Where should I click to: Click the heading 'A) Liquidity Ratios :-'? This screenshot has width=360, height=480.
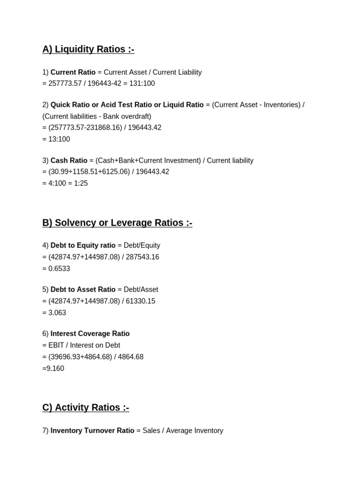coord(88,49)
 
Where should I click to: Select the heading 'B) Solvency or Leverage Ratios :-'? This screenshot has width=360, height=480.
coord(117,223)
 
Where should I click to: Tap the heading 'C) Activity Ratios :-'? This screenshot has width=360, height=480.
coord(86,407)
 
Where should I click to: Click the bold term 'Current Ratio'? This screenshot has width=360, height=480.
coord(73,72)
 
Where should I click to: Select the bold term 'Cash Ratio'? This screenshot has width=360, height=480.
coord(69,160)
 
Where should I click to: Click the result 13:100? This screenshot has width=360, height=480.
coord(59,139)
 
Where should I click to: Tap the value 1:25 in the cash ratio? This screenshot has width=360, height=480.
coord(80,183)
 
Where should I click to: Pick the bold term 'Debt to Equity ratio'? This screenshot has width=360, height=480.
coord(83,245)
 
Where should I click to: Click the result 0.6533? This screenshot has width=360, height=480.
coord(59,269)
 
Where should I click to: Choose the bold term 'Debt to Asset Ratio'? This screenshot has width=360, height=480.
coord(83,290)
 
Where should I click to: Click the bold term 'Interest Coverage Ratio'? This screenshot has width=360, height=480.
coord(90,334)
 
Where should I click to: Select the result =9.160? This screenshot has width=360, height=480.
coord(53,368)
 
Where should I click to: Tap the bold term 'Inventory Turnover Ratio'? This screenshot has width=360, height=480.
coord(92,430)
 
